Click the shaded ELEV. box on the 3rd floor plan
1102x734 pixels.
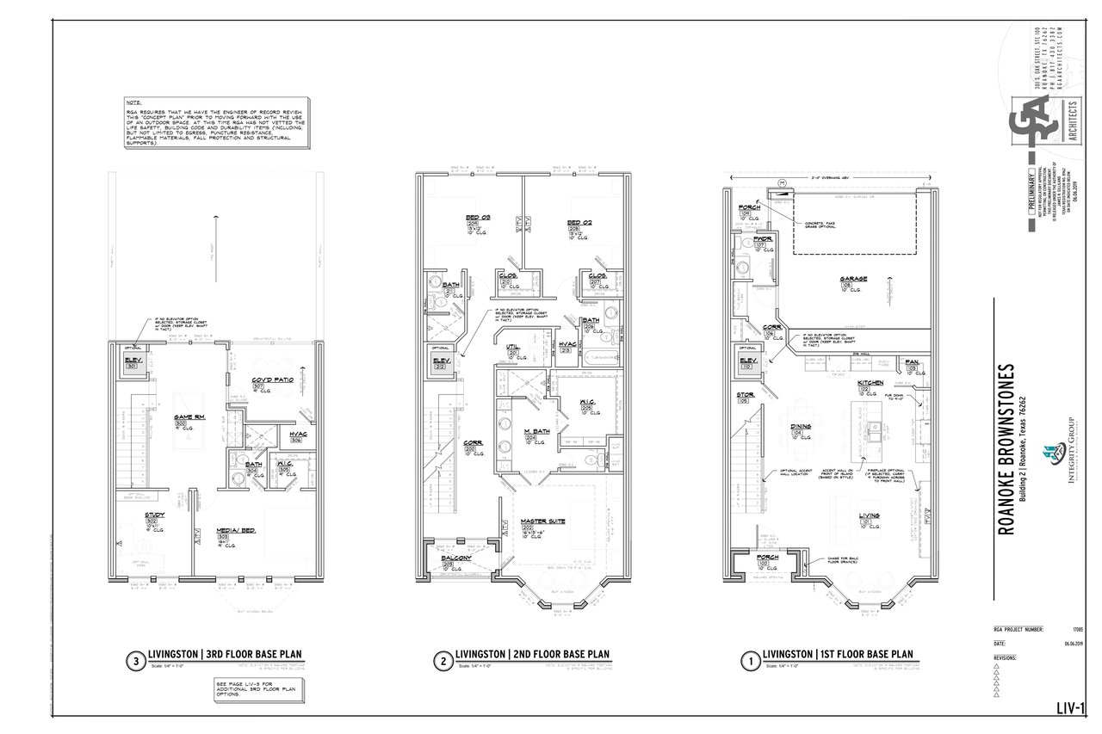[x=133, y=363]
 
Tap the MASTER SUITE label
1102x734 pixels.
[x=543, y=521]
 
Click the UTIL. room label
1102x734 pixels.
[x=512, y=346]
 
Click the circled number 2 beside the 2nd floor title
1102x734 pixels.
[x=442, y=662]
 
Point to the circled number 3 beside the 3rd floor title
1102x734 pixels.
[x=134, y=662]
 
